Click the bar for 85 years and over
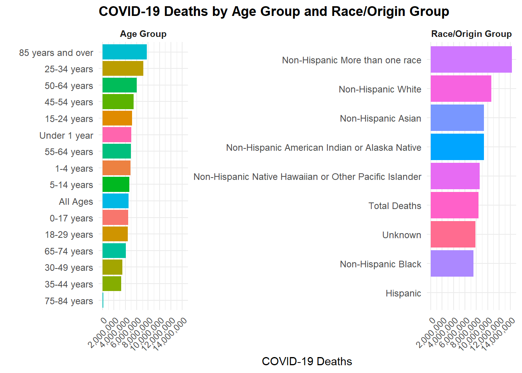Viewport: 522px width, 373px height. point(124,52)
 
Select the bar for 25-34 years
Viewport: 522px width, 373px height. point(123,68)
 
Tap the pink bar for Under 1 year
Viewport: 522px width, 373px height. point(117,135)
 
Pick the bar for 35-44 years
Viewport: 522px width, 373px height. point(112,284)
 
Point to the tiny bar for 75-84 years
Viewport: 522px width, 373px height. point(103,300)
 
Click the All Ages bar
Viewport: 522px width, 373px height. point(115,201)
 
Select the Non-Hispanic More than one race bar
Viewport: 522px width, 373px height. point(471,59)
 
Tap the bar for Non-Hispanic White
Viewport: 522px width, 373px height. point(461,89)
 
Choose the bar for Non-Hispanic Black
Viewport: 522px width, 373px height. point(452,263)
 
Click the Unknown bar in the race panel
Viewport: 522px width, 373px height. point(453,234)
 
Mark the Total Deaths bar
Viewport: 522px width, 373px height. point(454,205)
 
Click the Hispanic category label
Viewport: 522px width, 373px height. point(403,293)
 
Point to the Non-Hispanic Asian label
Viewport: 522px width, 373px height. point(380,119)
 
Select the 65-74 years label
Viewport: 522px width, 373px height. point(69,251)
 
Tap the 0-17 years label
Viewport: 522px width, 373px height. point(71,218)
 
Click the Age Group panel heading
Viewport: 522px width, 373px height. point(143,34)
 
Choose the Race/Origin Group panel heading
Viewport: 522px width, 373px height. point(471,34)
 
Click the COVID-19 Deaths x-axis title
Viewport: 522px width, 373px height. point(307,361)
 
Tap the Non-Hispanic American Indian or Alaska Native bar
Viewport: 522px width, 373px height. point(457,147)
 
